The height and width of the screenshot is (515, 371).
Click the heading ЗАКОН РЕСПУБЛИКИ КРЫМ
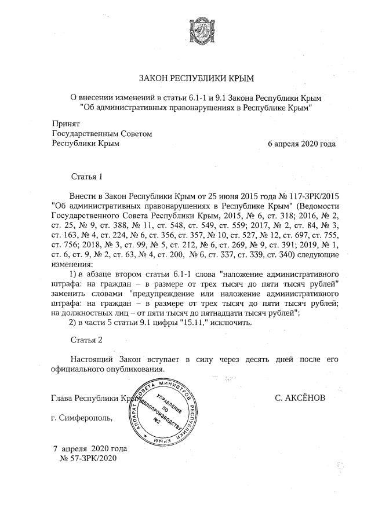click(x=196, y=78)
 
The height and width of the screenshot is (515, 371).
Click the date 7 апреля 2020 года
click(x=89, y=448)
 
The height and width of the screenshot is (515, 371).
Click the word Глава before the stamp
click(x=63, y=399)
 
